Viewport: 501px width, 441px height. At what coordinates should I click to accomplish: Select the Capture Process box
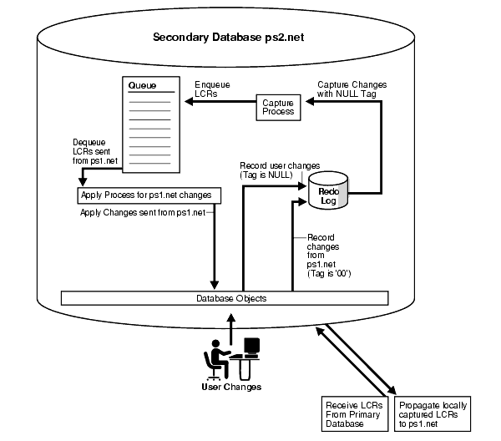pyautogui.click(x=276, y=107)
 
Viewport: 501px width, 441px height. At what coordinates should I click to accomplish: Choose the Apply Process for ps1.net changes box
pyautogui.click(x=149, y=195)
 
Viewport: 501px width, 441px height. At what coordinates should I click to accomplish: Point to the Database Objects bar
pyautogui.click(x=225, y=297)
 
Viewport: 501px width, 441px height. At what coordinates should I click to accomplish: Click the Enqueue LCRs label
pyautogui.click(x=208, y=90)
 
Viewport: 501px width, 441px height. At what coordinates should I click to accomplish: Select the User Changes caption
pyautogui.click(x=230, y=387)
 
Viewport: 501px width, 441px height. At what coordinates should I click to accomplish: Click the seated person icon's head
pyautogui.click(x=214, y=346)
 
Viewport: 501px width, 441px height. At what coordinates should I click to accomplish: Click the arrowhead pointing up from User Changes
pyautogui.click(x=230, y=315)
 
